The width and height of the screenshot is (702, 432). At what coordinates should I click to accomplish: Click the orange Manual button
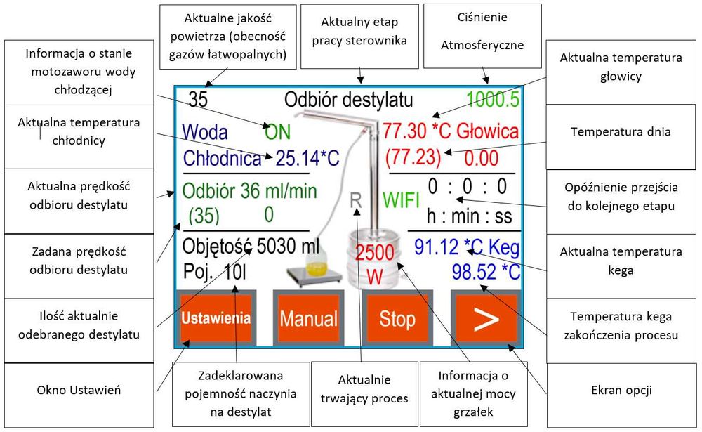click(x=308, y=318)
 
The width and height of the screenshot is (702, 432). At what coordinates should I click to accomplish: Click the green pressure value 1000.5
click(x=491, y=100)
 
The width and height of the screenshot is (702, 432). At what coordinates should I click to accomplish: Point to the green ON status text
click(x=278, y=131)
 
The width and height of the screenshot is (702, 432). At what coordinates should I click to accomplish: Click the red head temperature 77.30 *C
click(x=416, y=131)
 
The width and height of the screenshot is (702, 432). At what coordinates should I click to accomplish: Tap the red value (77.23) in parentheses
click(x=413, y=157)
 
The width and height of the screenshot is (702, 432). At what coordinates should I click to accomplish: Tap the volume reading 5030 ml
click(x=289, y=247)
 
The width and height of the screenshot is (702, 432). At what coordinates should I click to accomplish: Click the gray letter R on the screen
click(x=356, y=200)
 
